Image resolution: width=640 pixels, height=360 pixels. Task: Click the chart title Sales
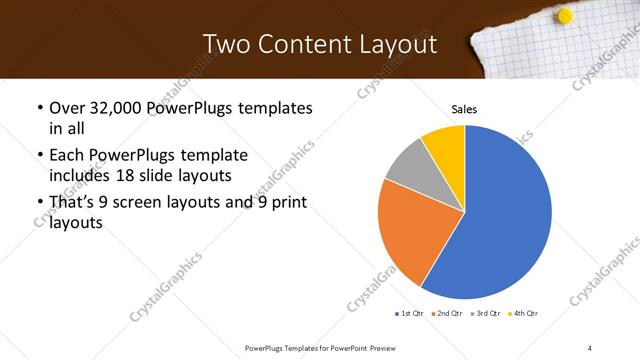[464, 109]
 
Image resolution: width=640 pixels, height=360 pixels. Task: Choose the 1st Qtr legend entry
[412, 314]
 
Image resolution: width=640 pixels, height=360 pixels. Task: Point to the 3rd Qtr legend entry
[488, 314]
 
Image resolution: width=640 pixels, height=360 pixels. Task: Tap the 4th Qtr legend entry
[526, 314]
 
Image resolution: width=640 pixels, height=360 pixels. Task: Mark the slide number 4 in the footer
[590, 347]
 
